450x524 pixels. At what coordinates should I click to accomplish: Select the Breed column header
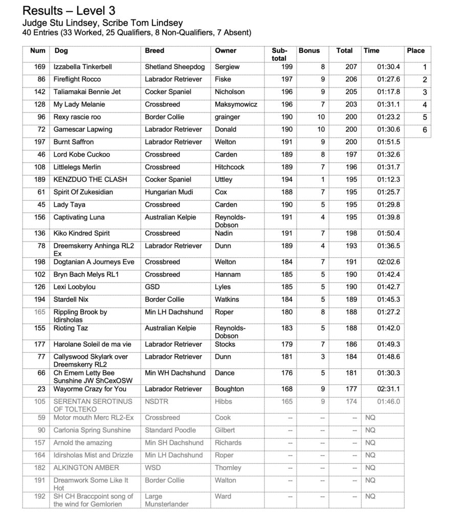pyautogui.click(x=154, y=51)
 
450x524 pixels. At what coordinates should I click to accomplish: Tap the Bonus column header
pyautogui.click(x=309, y=51)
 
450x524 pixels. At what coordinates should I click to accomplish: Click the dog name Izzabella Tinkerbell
pyautogui.click(x=82, y=67)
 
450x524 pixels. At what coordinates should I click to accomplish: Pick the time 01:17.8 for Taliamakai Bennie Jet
pyautogui.click(x=388, y=92)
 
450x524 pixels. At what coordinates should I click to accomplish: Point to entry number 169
pyautogui.click(x=39, y=67)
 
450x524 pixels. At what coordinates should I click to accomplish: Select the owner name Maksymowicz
pyautogui.click(x=236, y=104)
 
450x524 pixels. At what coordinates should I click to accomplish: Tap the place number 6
pyautogui.click(x=424, y=130)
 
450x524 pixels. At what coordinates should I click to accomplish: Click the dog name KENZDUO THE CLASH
pyautogui.click(x=90, y=180)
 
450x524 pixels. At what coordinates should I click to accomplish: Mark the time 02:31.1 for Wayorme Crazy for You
pyautogui.click(x=388, y=389)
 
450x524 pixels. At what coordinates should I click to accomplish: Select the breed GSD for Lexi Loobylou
pyautogui.click(x=152, y=287)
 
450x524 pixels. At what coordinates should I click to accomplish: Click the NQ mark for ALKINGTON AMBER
pyautogui.click(x=370, y=468)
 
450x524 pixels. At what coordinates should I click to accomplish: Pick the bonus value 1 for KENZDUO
pyautogui.click(x=322, y=180)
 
